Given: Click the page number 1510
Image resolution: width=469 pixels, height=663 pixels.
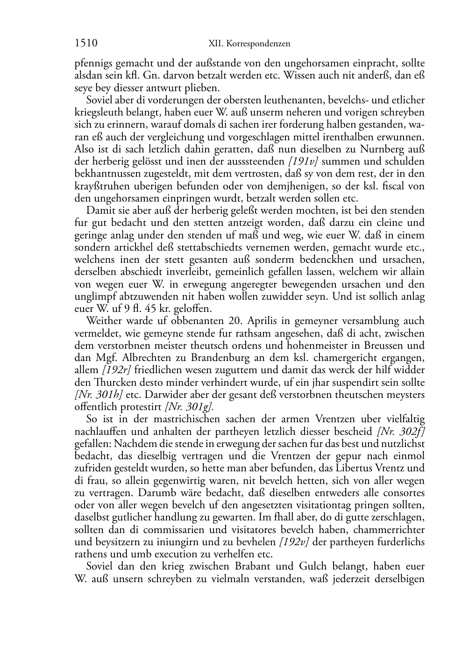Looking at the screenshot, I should tap(85, 43).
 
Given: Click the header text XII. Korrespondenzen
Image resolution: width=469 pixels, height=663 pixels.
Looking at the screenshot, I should tap(249, 44).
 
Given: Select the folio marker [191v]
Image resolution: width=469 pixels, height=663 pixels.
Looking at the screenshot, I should tap(304, 162).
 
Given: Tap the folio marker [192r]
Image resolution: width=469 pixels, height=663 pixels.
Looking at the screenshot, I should tap(113, 370).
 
